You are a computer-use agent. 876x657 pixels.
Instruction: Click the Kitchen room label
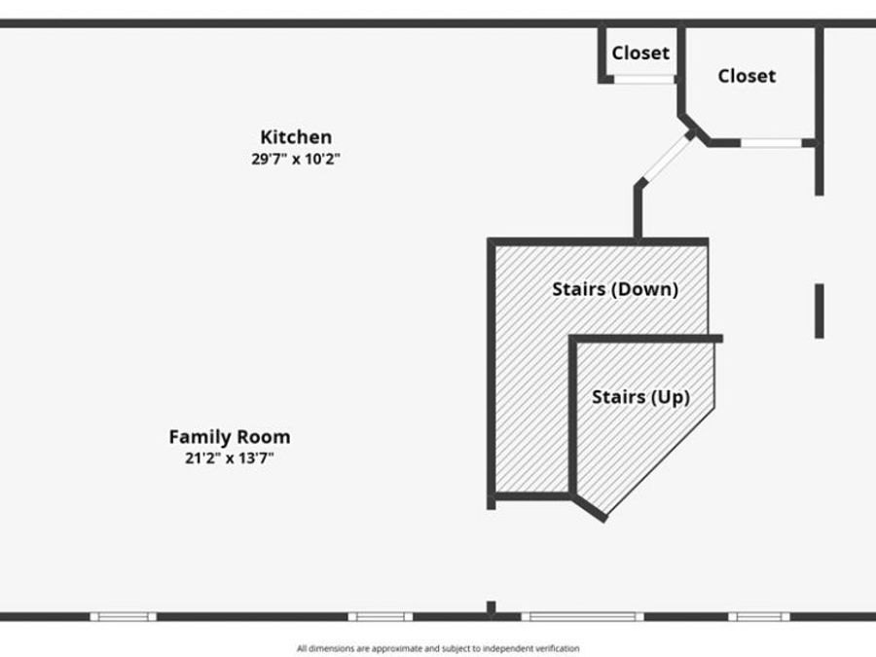296,137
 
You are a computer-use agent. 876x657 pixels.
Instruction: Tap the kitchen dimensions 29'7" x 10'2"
296,159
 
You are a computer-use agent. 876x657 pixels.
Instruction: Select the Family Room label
230,437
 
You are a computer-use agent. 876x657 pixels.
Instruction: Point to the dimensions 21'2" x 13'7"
230,458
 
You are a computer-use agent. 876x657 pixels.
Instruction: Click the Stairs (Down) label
615,289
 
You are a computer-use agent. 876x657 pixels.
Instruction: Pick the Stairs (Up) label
640,397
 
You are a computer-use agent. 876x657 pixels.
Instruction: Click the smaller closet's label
640,54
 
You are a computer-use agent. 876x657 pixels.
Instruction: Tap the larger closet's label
747,76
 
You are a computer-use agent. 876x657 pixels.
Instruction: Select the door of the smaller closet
644,80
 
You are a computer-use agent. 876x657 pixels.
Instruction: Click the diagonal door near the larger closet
666,158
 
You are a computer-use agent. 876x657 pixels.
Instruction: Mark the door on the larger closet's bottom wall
772,143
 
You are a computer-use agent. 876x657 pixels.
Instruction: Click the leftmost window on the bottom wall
124,617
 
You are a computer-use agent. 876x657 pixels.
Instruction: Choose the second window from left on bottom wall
381,617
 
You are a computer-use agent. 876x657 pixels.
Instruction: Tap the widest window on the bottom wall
582,617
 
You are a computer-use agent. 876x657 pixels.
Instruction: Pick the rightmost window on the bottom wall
758,617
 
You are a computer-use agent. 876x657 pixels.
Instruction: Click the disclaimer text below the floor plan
438,648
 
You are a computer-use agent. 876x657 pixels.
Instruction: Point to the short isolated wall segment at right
819,311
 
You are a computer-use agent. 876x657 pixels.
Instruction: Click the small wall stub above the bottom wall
492,607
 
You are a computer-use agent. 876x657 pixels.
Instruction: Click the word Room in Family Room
264,437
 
